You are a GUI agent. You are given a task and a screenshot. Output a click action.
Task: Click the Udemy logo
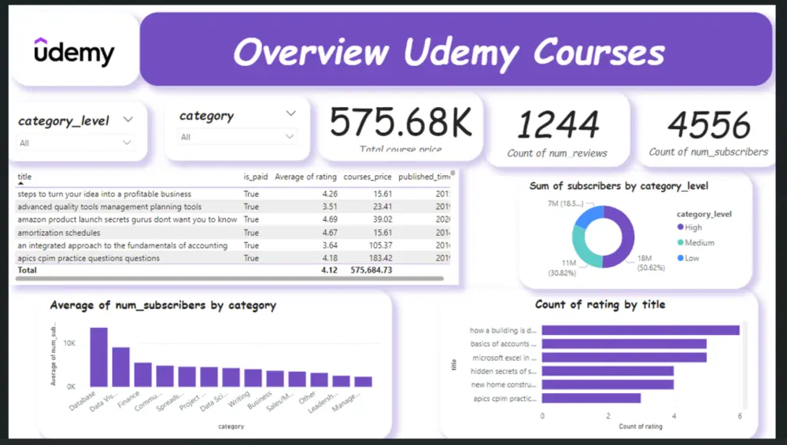pyautogui.click(x=74, y=52)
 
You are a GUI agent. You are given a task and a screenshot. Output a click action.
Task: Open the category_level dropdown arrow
pyautogui.click(x=128, y=120)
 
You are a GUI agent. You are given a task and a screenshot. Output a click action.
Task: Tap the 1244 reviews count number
pyautogui.click(x=557, y=124)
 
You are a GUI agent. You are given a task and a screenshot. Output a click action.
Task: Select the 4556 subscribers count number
pyautogui.click(x=708, y=124)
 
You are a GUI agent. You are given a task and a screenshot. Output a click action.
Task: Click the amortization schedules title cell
pyautogui.click(x=59, y=233)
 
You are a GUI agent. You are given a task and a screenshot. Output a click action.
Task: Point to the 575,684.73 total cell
pyautogui.click(x=367, y=270)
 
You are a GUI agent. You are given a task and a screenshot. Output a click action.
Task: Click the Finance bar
pyautogui.click(x=142, y=375)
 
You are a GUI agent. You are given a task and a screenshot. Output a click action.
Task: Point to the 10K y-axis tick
pyautogui.click(x=68, y=344)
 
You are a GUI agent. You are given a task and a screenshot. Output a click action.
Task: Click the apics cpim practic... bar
pyautogui.click(x=591, y=398)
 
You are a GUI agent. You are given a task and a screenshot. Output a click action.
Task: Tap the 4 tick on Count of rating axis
pyautogui.click(x=673, y=416)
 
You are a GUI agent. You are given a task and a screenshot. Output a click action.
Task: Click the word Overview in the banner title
pyautogui.click(x=311, y=53)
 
